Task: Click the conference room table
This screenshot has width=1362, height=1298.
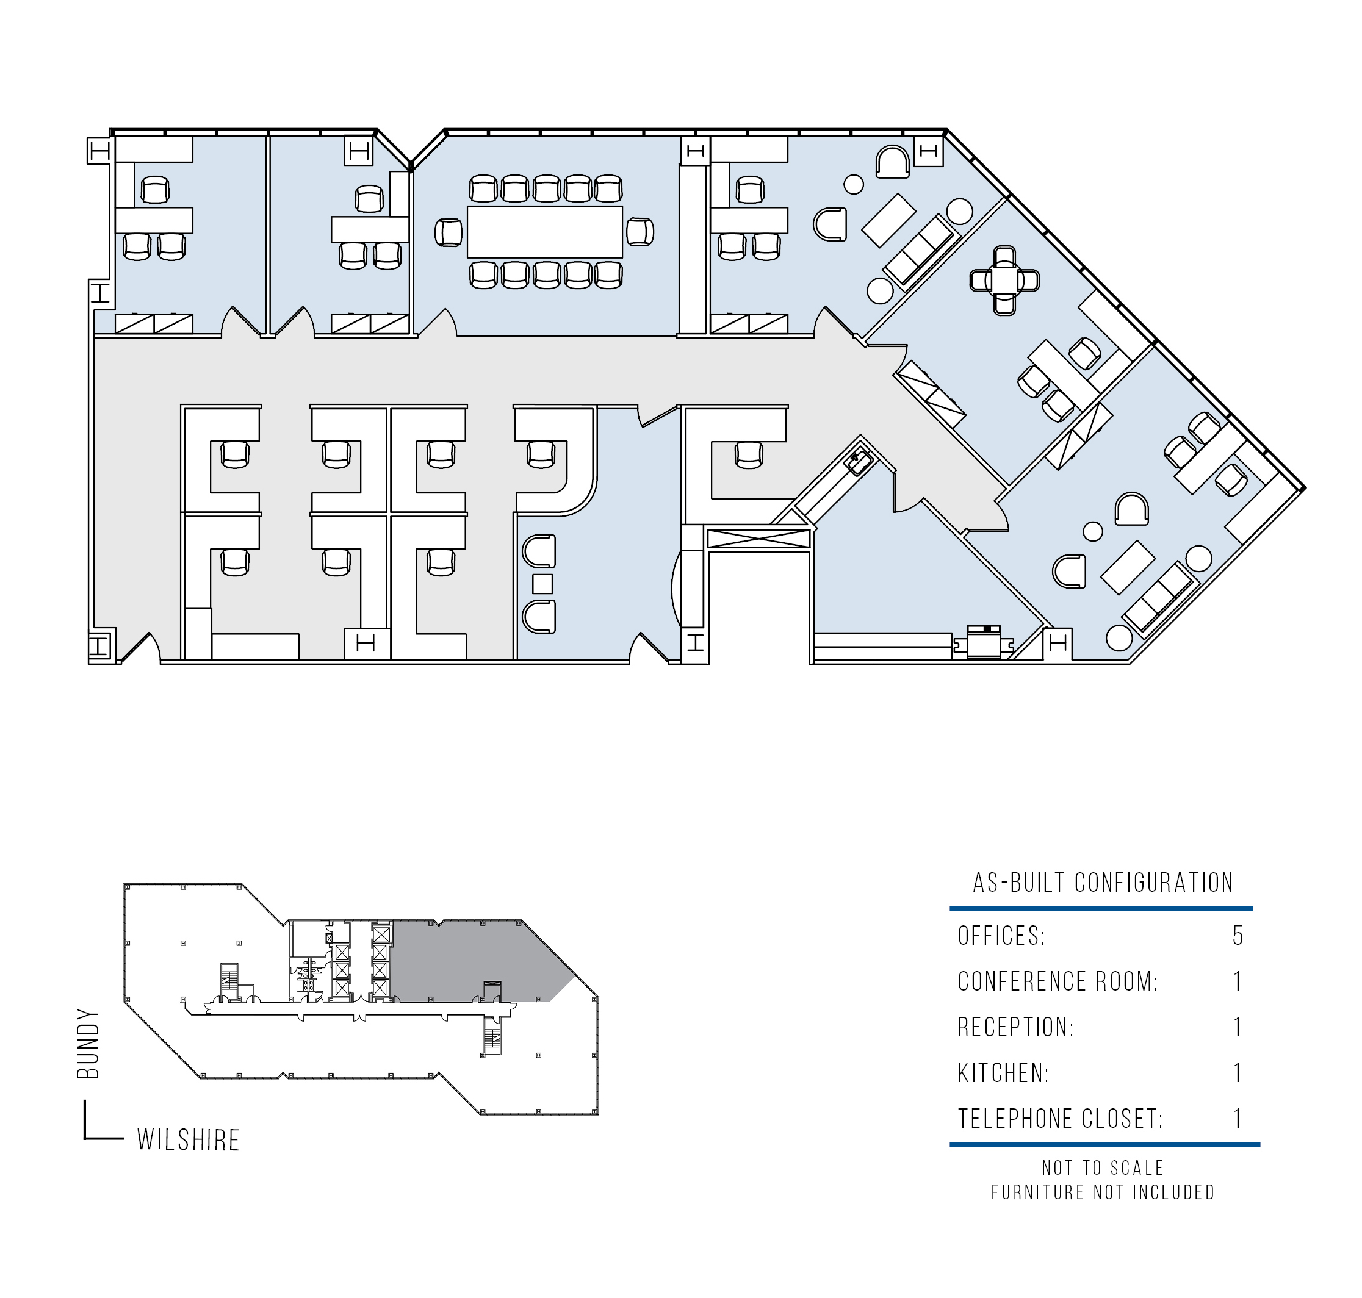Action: click(545, 232)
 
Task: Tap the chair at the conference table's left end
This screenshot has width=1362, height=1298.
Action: click(449, 232)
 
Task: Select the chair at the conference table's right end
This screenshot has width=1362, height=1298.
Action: click(640, 232)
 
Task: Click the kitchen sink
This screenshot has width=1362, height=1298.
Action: click(859, 461)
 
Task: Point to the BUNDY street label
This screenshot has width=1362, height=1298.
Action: click(88, 1044)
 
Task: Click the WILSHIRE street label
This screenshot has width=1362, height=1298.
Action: click(188, 1140)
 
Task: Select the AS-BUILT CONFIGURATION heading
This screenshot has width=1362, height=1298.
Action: click(1103, 883)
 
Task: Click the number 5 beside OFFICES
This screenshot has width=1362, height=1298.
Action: click(1238, 936)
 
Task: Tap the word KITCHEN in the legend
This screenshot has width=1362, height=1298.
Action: click(1004, 1073)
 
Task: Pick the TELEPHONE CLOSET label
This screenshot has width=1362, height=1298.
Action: click(1061, 1119)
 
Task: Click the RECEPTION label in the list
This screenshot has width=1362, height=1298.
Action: click(1016, 1027)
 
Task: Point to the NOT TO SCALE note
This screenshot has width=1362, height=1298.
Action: click(1103, 1168)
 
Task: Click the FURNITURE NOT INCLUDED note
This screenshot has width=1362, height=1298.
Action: click(1103, 1192)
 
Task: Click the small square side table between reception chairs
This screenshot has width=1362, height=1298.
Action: click(542, 584)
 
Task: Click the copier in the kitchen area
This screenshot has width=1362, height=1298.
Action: click(984, 642)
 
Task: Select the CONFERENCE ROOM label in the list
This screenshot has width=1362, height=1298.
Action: click(1058, 981)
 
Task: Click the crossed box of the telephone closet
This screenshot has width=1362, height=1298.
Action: click(758, 539)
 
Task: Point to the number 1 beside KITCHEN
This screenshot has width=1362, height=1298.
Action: click(1238, 1073)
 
